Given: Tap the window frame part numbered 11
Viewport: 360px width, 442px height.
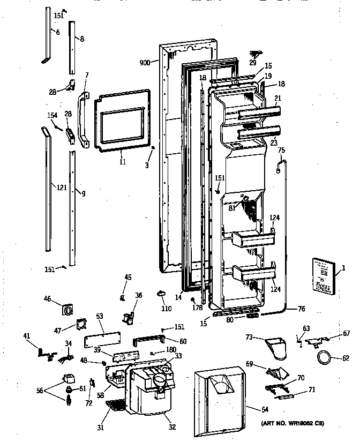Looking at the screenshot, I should [x=122, y=119].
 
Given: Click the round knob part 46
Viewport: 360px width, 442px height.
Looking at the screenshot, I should [x=67, y=310].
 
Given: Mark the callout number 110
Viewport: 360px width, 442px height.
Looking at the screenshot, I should [x=166, y=309].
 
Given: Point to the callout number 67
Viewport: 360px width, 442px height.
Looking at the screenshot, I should [x=347, y=333].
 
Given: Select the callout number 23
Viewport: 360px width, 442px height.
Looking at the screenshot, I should [x=274, y=143].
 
